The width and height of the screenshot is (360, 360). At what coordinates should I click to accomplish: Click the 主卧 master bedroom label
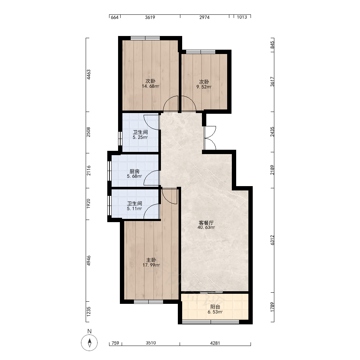pyautogui.click(x=151, y=260)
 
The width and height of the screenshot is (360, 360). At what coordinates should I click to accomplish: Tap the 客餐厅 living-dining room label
pyautogui.click(x=206, y=222)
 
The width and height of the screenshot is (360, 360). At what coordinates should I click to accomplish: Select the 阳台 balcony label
pyautogui.click(x=215, y=307)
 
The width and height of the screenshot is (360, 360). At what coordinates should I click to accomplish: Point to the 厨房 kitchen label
pyautogui.click(x=135, y=171)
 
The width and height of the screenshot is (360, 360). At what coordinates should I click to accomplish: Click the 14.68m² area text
pyautogui.click(x=150, y=86)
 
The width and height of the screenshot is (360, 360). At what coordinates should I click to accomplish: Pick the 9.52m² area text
pyautogui.click(x=204, y=87)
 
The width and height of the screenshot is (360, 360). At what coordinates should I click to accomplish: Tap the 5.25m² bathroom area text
pyautogui.click(x=140, y=137)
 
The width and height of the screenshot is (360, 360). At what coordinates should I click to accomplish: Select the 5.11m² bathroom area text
pyautogui.click(x=134, y=208)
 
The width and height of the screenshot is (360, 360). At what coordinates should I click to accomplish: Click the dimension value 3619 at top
pyautogui.click(x=150, y=17)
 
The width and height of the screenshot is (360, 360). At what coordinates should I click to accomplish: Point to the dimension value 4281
pyautogui.click(x=215, y=343)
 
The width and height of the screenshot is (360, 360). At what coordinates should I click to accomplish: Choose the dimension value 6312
pyautogui.click(x=272, y=240)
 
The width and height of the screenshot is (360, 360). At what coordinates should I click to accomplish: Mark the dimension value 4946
pyautogui.click(x=89, y=261)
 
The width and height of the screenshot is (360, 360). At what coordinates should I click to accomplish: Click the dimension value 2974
pyautogui.click(x=204, y=17)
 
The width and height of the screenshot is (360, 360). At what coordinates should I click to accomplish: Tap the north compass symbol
pyautogui.click(x=89, y=343)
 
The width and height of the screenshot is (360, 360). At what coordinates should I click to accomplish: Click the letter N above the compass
pyautogui.click(x=90, y=331)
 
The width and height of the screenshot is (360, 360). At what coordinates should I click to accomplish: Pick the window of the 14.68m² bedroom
pyautogui.click(x=145, y=38)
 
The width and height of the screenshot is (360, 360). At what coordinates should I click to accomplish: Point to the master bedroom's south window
pyautogui.click(x=149, y=301)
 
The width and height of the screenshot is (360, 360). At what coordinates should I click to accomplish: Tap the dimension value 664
pyautogui.click(x=114, y=17)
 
